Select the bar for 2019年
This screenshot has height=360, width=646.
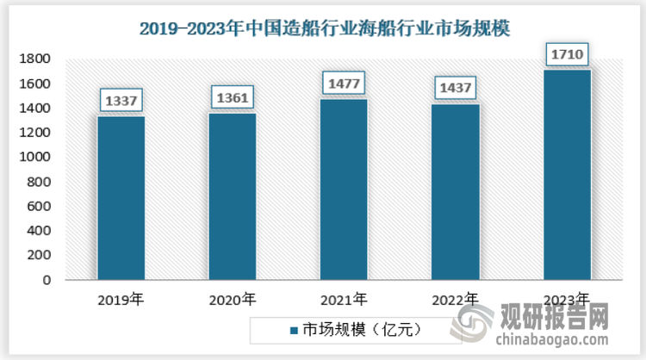[x=121, y=198]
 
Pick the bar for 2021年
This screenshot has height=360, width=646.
[x=344, y=189]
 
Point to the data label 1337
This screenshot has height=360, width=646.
[x=121, y=101]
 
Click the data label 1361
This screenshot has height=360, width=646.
[x=233, y=97]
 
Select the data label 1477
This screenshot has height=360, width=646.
[x=344, y=84]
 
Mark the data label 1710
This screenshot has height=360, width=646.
[x=567, y=56]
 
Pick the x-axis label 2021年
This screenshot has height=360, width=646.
[x=344, y=301]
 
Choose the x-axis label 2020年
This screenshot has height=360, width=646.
[x=233, y=301]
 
